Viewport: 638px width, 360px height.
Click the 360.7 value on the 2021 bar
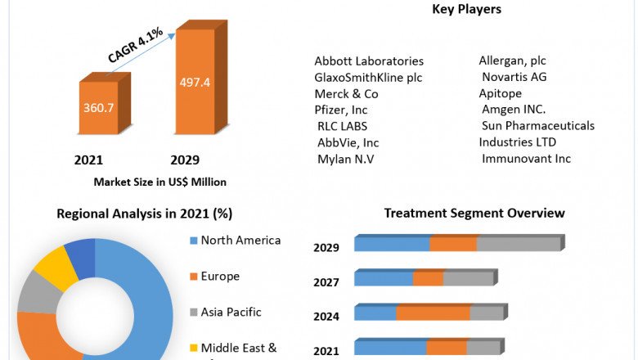tap(98, 107)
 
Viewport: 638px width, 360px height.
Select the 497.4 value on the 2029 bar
tap(195, 82)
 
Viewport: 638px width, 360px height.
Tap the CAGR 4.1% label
tap(136, 45)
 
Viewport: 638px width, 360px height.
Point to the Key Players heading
tap(466, 10)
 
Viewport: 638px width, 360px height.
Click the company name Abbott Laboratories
tap(369, 61)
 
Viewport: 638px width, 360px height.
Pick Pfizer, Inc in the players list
tap(341, 110)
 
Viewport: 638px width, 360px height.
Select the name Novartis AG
tap(514, 77)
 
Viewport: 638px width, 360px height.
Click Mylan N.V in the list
tap(345, 159)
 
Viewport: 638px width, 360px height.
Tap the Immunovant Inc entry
tap(526, 159)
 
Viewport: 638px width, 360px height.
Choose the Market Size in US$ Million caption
tap(160, 182)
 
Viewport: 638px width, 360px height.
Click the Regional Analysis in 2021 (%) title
tap(145, 214)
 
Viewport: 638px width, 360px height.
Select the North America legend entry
tap(240, 241)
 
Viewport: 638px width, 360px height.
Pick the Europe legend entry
tap(220, 277)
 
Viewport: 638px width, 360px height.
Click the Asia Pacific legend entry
tap(231, 312)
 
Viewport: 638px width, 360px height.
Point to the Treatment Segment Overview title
tap(474, 214)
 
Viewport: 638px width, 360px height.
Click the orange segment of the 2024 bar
tap(433, 313)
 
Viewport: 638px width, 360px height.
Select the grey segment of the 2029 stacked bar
tap(518, 244)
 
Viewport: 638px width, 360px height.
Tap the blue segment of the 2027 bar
tap(384, 279)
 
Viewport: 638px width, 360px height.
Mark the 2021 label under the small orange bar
tap(88, 160)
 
